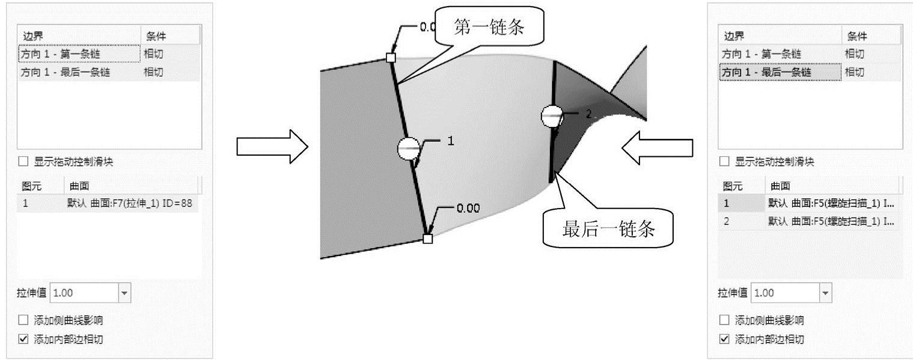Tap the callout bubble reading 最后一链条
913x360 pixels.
(607, 229)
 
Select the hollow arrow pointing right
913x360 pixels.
(272, 146)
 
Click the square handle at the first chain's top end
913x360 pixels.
(391, 58)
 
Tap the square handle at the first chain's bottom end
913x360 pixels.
(427, 239)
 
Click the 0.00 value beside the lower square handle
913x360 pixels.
(468, 209)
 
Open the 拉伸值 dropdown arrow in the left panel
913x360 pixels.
(124, 293)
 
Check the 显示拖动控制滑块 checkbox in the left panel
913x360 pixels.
(23, 162)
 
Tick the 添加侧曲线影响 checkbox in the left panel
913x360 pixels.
(23, 320)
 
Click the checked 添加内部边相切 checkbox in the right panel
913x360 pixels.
(725, 339)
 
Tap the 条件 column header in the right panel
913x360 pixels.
(857, 36)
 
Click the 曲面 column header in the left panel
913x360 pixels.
(80, 186)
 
